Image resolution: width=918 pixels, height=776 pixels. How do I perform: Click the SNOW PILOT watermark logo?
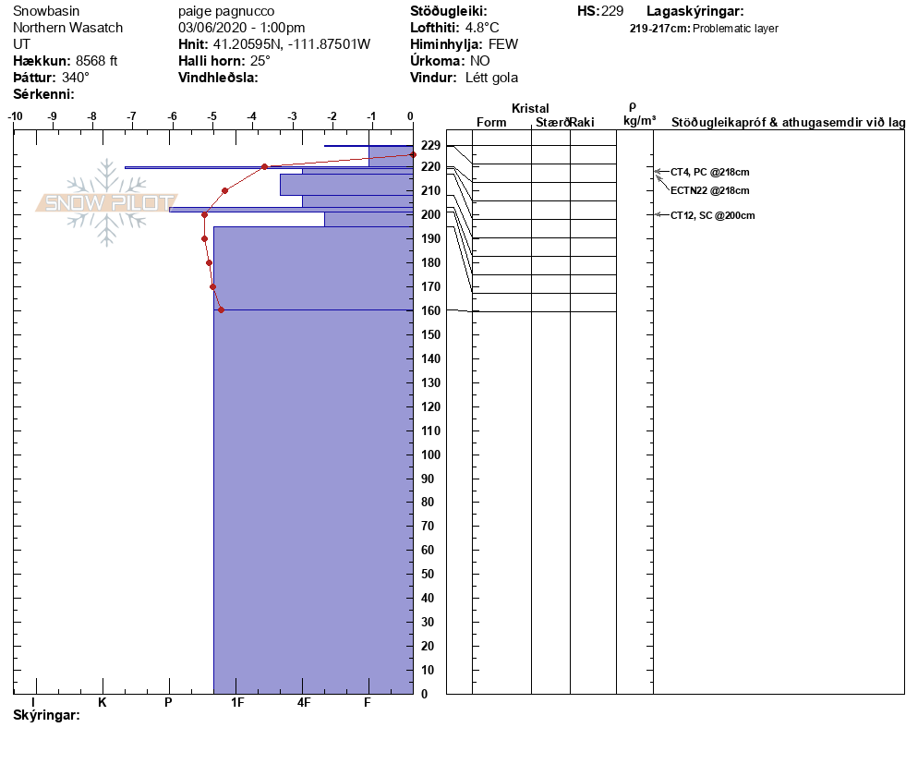[107, 203]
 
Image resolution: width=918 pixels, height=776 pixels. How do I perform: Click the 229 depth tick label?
[430, 145]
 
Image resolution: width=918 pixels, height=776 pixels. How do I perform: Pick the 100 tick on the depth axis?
[430, 455]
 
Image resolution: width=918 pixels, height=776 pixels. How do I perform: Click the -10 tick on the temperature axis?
[15, 116]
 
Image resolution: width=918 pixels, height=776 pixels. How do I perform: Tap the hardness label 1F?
[237, 703]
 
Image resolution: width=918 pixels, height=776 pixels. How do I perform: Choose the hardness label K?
[103, 703]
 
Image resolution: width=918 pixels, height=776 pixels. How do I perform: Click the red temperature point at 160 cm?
[221, 310]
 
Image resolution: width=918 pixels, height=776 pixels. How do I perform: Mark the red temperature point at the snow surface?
[412, 154]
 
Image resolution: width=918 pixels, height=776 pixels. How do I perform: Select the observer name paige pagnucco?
[226, 12]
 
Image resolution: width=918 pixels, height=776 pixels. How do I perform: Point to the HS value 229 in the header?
[612, 11]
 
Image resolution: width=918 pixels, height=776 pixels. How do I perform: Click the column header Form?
[491, 123]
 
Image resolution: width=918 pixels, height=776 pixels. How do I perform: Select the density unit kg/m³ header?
[639, 121]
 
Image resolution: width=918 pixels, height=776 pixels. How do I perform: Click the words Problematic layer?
[736, 29]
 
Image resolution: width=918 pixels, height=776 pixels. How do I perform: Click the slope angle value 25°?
[260, 61]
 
